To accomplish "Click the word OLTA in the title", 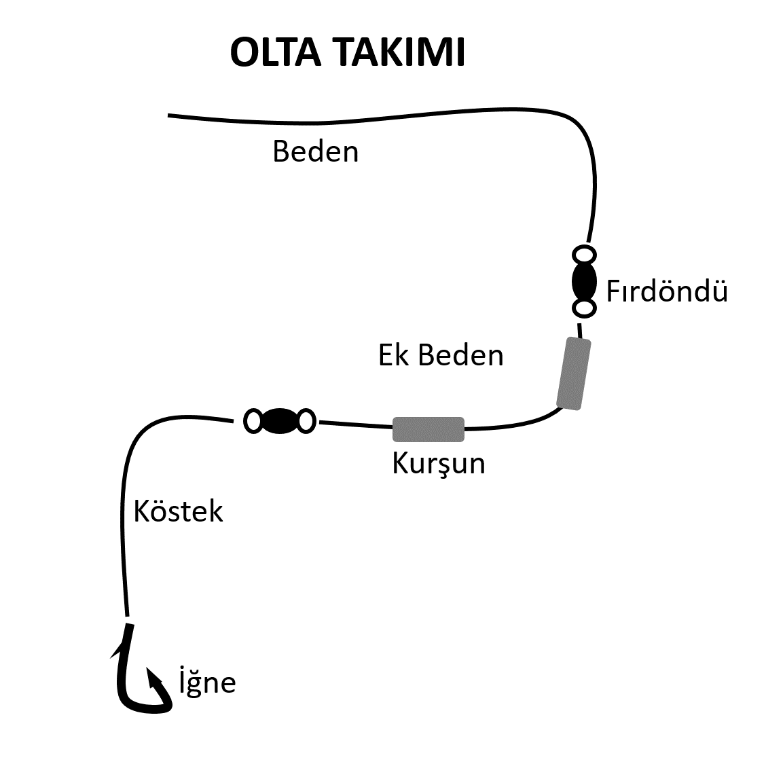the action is click(276, 52).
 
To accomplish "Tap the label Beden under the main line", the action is click(316, 151).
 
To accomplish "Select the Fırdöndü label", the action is click(667, 291).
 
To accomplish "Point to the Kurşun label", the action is click(439, 464).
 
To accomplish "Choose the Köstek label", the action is click(179, 511).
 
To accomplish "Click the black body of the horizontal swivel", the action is click(280, 421).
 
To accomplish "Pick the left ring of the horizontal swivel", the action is click(244, 421).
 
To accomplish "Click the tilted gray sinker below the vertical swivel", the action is click(574, 374).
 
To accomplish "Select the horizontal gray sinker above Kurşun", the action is click(428, 429).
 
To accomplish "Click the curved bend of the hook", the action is click(142, 707).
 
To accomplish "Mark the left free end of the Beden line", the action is click(168, 115).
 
